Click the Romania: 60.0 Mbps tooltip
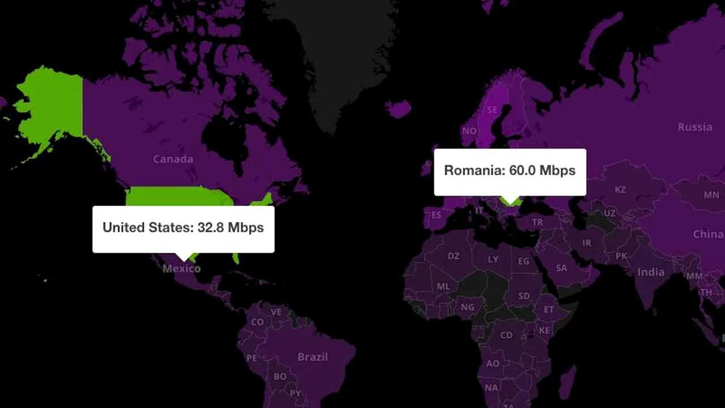coord(510,171)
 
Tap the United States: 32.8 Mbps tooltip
coord(183,228)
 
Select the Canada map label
coord(173,159)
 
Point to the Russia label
coord(694,127)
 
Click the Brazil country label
coord(313,357)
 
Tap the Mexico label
coord(181,268)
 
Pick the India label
coord(651,272)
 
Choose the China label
coord(707,234)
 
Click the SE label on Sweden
coord(493,109)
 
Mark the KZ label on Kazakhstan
coord(620,189)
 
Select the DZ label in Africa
coord(454,256)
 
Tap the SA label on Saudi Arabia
coord(561,268)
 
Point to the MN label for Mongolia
coord(711,195)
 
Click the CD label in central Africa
coord(506,335)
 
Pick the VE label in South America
coord(276,312)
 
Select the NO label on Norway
coord(469,131)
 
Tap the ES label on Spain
coord(436,215)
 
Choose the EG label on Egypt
coord(523,261)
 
